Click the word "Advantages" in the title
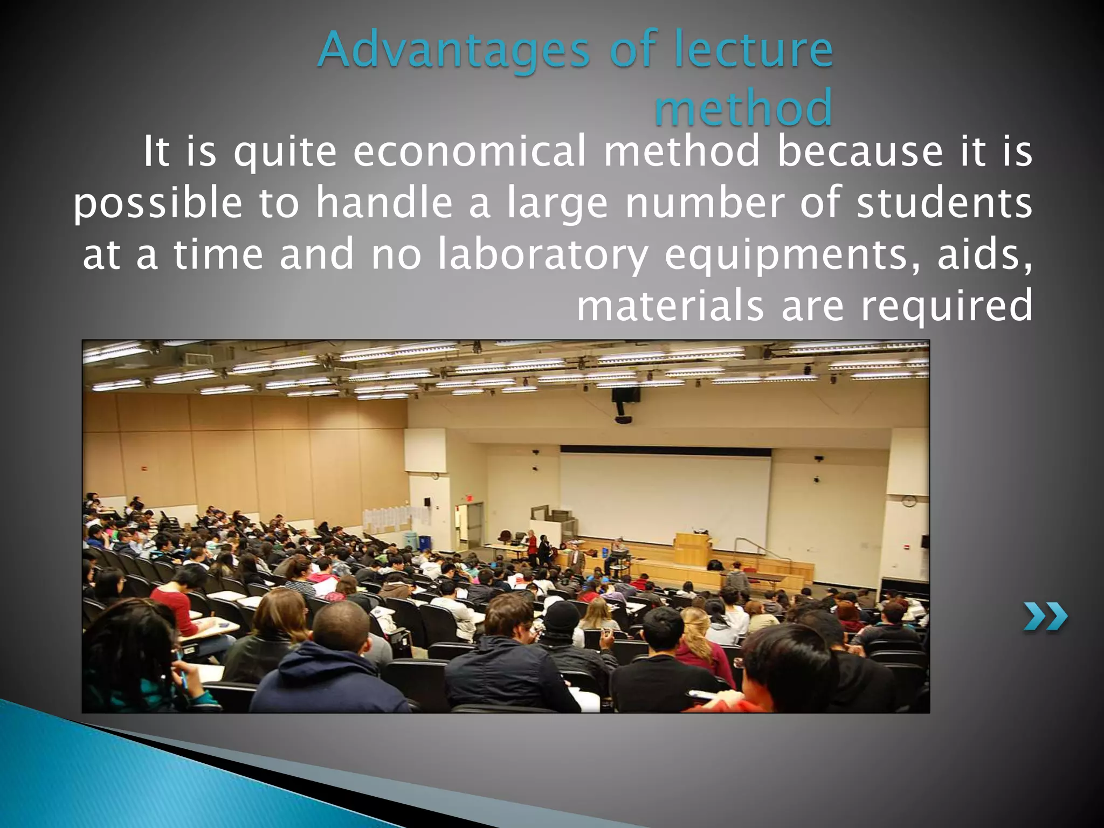coord(454,50)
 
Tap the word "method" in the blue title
coord(743,108)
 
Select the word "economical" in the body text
coord(469,152)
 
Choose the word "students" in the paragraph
coord(944,204)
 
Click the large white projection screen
coord(665,493)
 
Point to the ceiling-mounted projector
coord(624,419)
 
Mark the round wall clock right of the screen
coord(909,501)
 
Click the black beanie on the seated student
coord(561,615)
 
